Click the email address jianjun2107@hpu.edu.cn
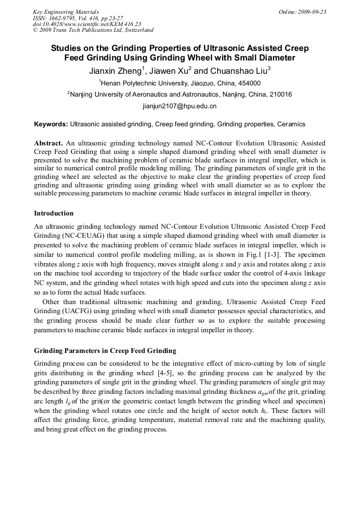[179, 106]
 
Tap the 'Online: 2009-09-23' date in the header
[302, 12]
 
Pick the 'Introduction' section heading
[54, 213]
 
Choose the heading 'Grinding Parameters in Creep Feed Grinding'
[105, 351]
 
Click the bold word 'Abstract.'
[49, 143]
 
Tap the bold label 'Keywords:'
[51, 124]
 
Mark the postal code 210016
[279, 94]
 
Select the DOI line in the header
[87, 24]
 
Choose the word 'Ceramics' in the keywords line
[291, 124]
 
